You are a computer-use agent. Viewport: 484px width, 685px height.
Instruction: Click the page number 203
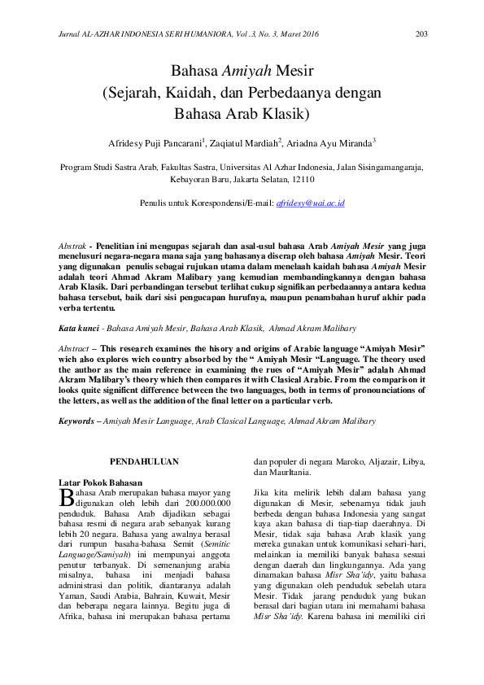(421, 33)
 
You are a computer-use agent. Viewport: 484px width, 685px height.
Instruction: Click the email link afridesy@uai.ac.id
(311, 203)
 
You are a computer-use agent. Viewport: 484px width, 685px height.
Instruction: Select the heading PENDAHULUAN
(144, 461)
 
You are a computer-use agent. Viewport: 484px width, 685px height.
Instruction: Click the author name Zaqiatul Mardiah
(245, 142)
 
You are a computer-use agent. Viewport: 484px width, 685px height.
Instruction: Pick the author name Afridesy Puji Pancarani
(155, 142)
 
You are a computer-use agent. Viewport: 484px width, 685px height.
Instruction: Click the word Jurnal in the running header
(73, 34)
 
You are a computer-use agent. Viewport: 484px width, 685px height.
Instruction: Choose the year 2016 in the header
(310, 34)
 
